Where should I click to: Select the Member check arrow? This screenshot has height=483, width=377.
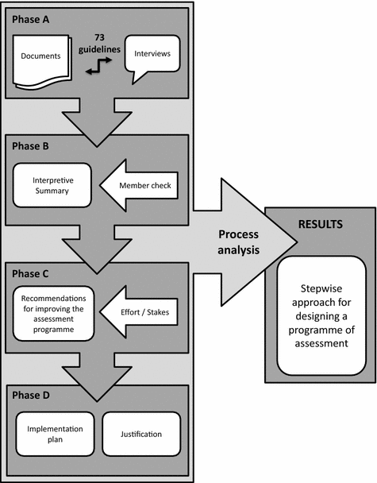pos(143,187)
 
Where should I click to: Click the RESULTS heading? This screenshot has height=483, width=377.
pos(320,224)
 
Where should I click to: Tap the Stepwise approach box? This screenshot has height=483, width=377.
pos(320,316)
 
